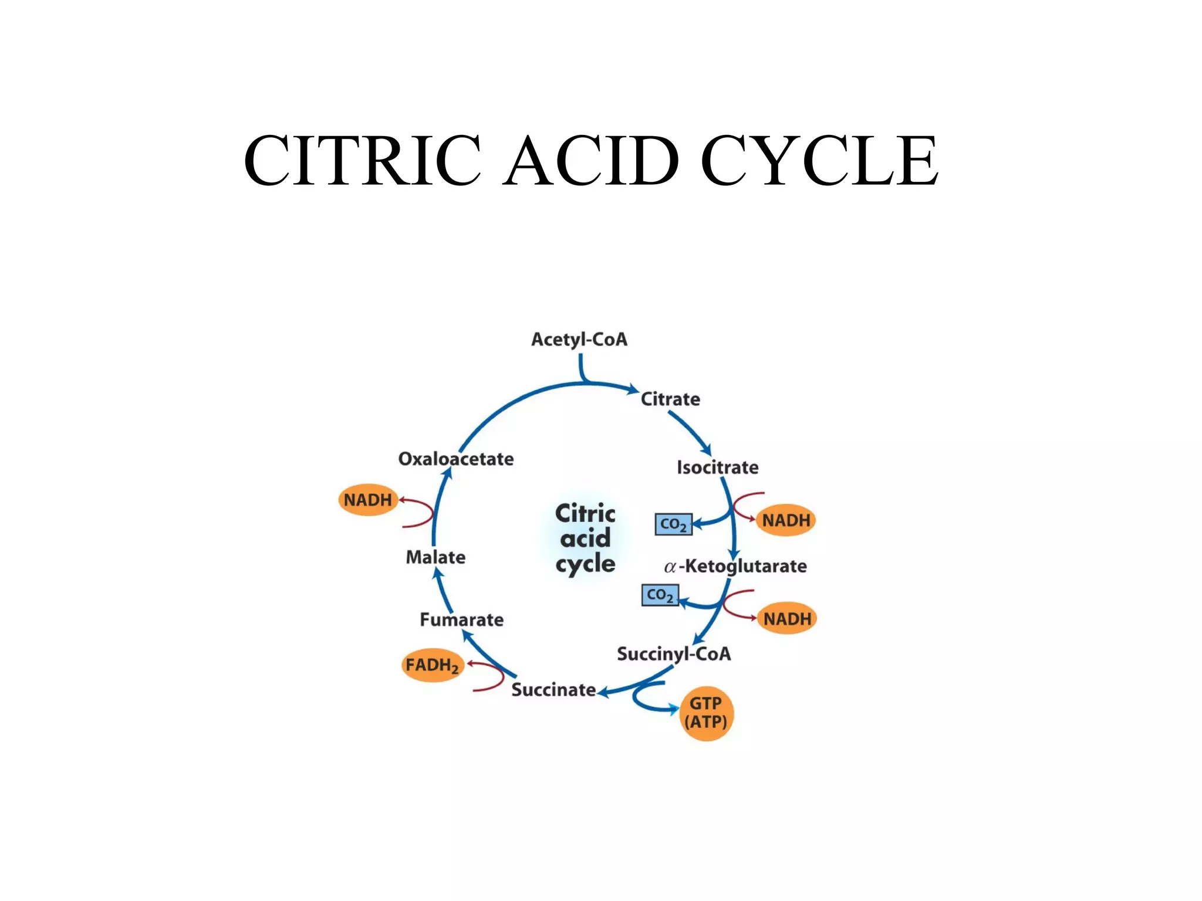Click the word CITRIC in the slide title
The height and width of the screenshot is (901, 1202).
coord(362,160)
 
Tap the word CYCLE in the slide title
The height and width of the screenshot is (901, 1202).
coord(819,160)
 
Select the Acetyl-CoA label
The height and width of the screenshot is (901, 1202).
coord(579,340)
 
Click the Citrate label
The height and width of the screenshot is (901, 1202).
coord(670,399)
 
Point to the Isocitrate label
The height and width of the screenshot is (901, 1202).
coord(717,468)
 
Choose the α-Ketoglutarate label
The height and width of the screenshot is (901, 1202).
coord(735,566)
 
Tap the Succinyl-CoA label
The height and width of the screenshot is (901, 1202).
coord(674,654)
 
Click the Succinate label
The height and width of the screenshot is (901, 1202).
coord(553,690)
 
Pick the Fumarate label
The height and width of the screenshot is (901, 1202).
coord(462,620)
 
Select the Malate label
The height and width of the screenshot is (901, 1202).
coord(435,557)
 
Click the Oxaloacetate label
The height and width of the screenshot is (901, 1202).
coord(456,459)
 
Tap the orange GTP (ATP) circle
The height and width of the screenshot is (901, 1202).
coord(706,713)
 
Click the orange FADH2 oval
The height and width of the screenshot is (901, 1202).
coord(433,665)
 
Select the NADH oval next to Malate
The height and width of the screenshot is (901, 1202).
coord(368,500)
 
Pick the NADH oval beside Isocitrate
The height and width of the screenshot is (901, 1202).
coord(786,520)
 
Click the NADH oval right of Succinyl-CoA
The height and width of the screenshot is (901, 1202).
coord(787,619)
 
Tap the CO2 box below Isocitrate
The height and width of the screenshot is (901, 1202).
coord(673,524)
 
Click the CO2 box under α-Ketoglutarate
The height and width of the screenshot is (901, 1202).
coord(660,595)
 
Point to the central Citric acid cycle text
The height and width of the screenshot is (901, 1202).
coord(585,538)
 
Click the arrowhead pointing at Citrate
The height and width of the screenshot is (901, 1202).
coord(633,389)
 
